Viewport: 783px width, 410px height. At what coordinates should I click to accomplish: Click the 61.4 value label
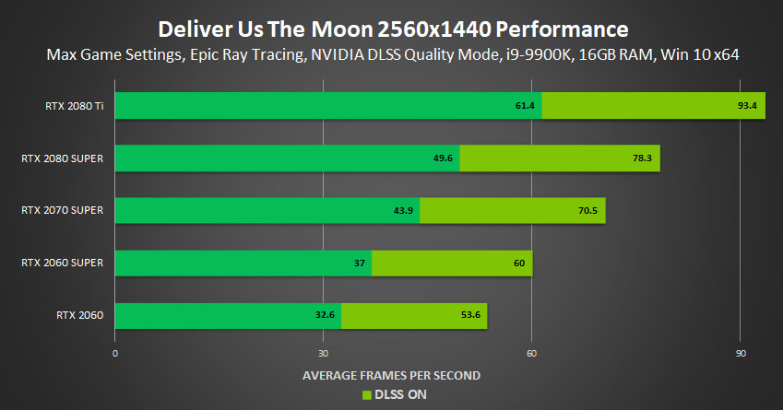point(525,106)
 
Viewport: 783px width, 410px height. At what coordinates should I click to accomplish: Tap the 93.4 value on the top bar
point(747,106)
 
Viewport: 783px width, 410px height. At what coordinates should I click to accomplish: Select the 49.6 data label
point(443,158)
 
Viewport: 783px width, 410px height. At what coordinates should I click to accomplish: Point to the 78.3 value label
point(642,158)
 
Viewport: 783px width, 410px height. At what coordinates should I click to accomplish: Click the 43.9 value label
point(403,210)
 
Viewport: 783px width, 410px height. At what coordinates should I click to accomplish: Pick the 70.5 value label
point(587,210)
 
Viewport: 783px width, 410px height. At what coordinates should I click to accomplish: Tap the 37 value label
point(360,263)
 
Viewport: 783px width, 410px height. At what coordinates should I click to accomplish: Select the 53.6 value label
point(470,315)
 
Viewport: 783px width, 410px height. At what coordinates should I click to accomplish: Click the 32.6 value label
point(325,315)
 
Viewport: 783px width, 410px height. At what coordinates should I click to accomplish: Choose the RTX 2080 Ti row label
point(75,106)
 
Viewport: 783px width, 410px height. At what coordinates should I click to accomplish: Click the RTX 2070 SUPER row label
point(63,210)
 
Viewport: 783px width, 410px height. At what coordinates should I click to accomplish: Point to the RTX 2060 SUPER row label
point(63,263)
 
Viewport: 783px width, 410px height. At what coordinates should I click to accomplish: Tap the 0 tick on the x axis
point(115,354)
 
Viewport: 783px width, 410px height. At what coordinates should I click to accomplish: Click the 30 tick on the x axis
point(323,354)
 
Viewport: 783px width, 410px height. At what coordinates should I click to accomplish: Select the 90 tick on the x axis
point(741,354)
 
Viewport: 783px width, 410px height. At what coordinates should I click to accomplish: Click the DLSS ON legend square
point(367,395)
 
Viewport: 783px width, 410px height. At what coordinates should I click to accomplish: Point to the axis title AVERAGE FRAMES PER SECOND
point(391,376)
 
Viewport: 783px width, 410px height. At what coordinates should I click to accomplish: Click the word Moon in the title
point(342,29)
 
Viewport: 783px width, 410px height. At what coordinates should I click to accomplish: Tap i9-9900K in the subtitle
point(538,54)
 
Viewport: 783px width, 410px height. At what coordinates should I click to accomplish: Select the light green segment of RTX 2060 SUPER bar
point(452,263)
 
